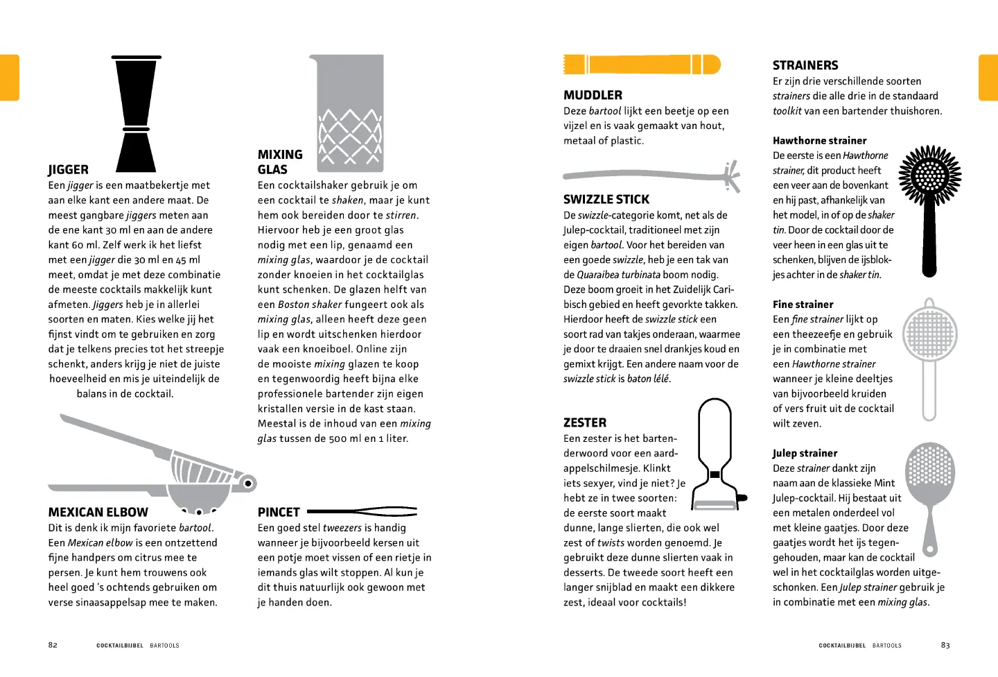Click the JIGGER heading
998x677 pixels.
coord(68,170)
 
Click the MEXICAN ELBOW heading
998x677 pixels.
coord(98,513)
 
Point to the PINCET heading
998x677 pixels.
coord(279,513)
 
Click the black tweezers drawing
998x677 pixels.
coord(362,512)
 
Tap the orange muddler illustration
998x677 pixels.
coord(642,65)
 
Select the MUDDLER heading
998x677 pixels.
coord(593,96)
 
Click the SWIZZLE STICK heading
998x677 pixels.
coord(606,200)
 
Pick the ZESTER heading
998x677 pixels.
coord(584,423)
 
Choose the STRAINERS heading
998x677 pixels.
coord(805,66)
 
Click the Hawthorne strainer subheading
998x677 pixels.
coord(819,141)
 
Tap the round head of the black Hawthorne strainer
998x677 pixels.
coord(929,178)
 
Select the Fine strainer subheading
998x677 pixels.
coord(803,305)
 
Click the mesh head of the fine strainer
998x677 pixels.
coord(929,334)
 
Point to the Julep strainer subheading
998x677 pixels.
coord(805,454)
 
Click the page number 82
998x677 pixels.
coord(53,645)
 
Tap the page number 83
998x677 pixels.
coord(945,645)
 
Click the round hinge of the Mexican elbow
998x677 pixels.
coord(247,483)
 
